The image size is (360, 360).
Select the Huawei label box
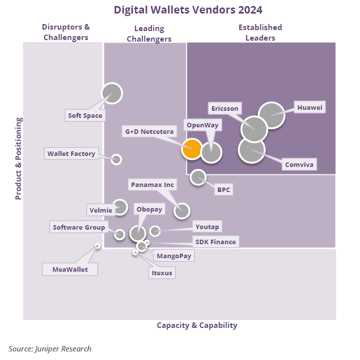(x=309, y=108)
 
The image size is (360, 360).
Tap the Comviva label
(x=299, y=164)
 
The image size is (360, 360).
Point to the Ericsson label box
(x=225, y=108)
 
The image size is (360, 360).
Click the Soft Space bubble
(x=112, y=93)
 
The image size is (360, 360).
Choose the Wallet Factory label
(x=71, y=154)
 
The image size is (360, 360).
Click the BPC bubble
(x=199, y=177)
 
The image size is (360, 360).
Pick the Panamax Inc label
(x=152, y=185)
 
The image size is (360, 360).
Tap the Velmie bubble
(x=120, y=207)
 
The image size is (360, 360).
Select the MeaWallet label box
(x=70, y=269)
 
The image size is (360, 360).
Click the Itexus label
(x=161, y=273)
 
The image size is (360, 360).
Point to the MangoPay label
(x=173, y=256)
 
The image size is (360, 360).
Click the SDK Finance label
(x=215, y=242)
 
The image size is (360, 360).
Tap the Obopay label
(x=149, y=210)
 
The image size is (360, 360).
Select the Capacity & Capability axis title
(x=197, y=325)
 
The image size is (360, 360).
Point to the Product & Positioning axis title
(x=19, y=158)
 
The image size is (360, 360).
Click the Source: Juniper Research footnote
(x=50, y=348)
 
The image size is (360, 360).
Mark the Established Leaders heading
(x=260, y=32)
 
